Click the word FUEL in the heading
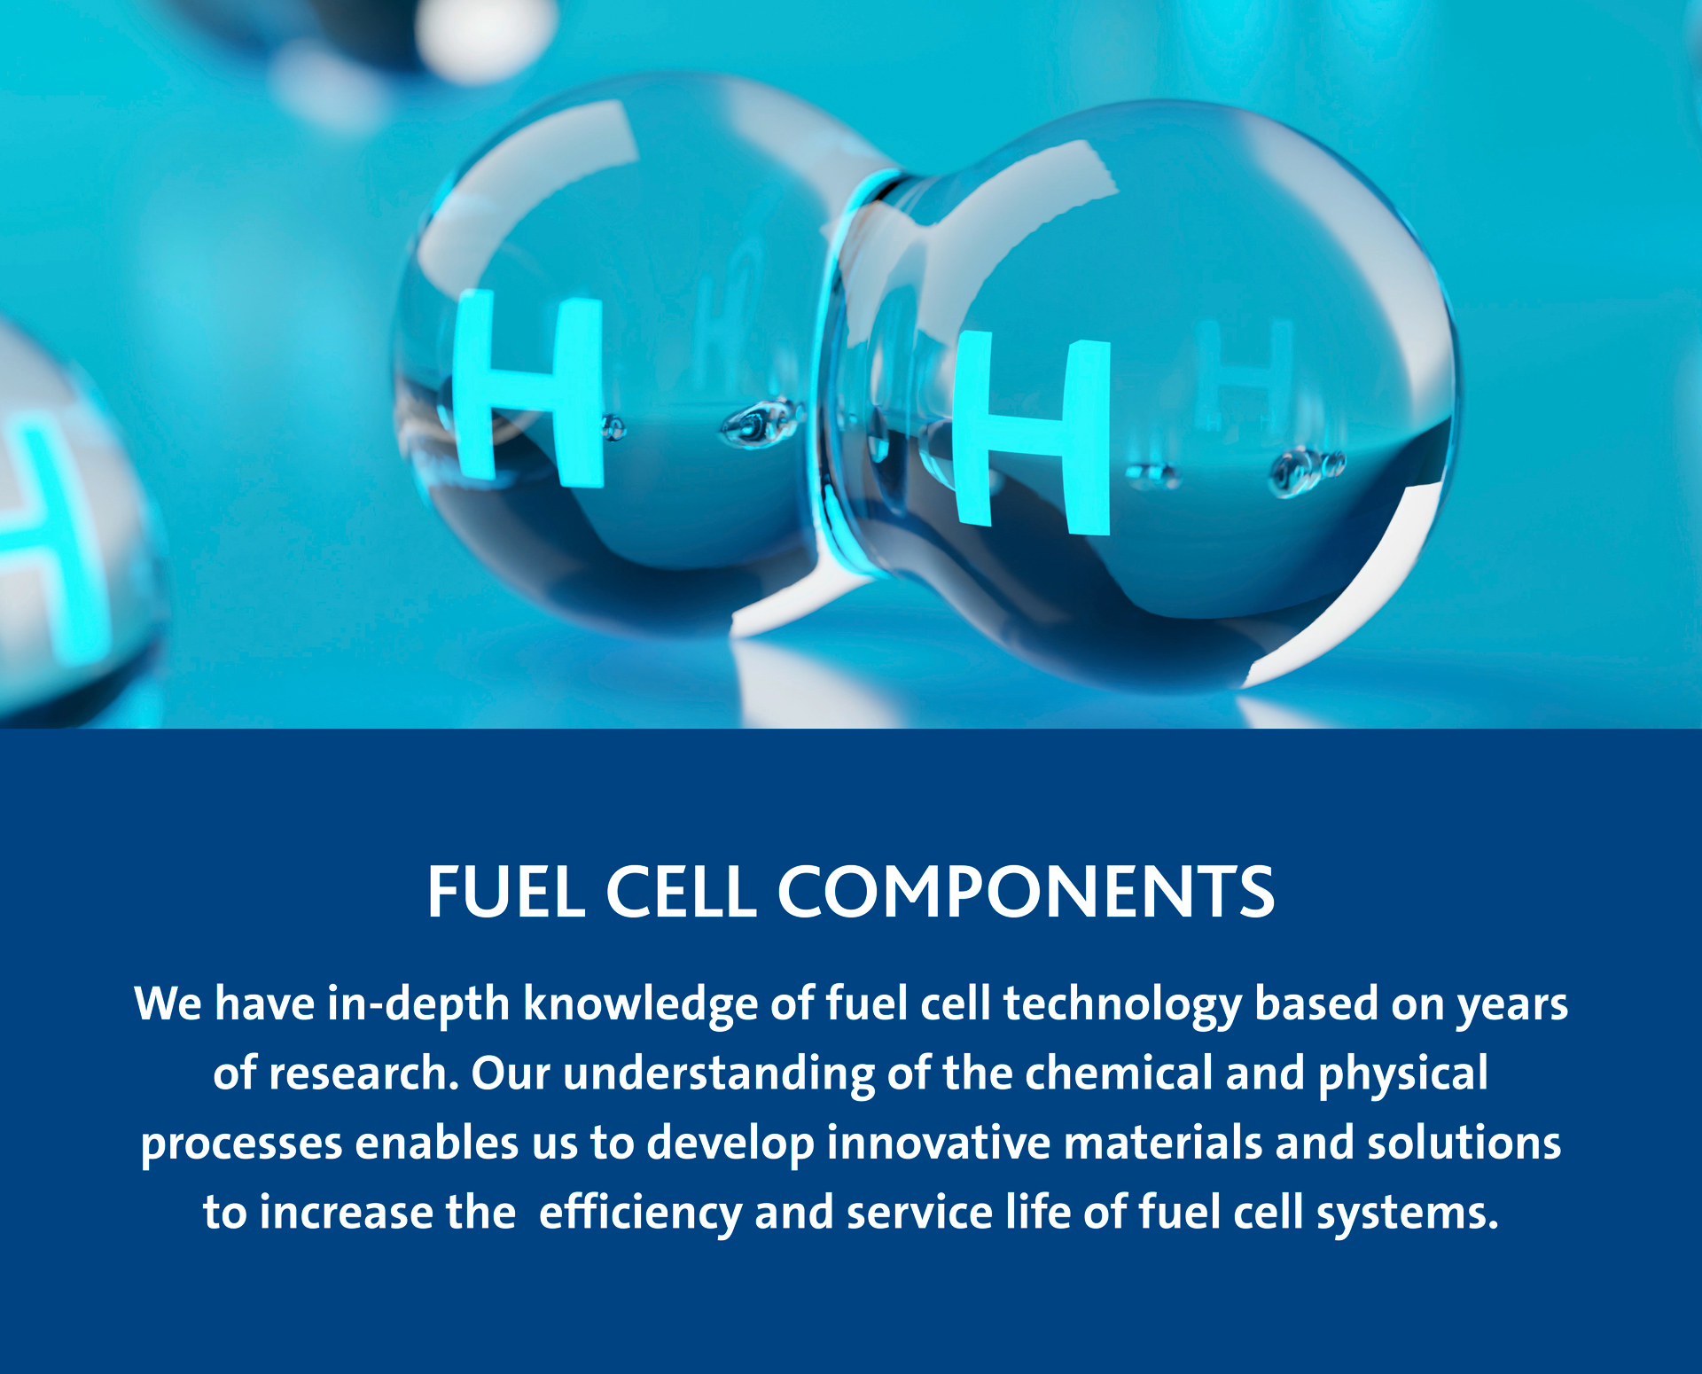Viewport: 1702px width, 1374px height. click(x=505, y=892)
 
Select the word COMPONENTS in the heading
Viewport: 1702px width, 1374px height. click(x=1026, y=892)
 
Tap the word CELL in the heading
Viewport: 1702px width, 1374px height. click(x=681, y=892)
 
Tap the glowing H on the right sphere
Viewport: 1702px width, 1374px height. click(x=1032, y=433)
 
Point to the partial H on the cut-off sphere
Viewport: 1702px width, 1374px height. click(x=44, y=532)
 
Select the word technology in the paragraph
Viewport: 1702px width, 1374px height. click(x=1122, y=1005)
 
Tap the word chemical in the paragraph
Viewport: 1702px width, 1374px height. click(x=1119, y=1073)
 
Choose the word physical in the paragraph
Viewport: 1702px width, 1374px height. click(x=1402, y=1074)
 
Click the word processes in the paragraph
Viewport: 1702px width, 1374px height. click(x=241, y=1144)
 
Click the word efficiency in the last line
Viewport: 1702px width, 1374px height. click(x=640, y=1213)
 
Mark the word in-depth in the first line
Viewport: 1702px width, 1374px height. click(x=418, y=1005)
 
